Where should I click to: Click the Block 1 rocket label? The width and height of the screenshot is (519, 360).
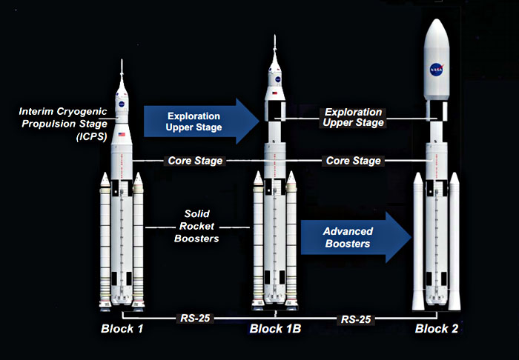pyautogui.click(x=122, y=329)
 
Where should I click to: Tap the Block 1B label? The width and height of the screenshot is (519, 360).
pyautogui.click(x=275, y=329)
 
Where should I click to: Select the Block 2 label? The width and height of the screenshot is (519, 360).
pyautogui.click(x=437, y=329)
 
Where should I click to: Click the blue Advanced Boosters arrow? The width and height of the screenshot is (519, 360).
pyautogui.click(x=356, y=237)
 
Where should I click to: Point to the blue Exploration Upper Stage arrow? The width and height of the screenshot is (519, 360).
pyautogui.click(x=201, y=121)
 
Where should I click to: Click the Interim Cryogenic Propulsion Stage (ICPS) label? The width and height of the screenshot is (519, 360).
pyautogui.click(x=63, y=124)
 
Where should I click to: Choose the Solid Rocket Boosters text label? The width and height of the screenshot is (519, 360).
pyautogui.click(x=196, y=226)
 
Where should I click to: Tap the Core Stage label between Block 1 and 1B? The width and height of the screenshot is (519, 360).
pyautogui.click(x=195, y=161)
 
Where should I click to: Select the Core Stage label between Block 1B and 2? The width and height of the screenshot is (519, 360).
pyautogui.click(x=353, y=161)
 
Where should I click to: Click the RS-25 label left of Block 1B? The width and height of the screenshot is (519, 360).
pyautogui.click(x=195, y=319)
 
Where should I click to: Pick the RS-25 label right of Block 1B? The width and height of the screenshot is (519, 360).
pyautogui.click(x=356, y=320)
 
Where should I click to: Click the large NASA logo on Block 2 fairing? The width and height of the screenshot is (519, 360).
pyautogui.click(x=437, y=70)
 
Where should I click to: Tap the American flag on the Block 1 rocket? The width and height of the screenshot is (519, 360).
pyautogui.click(x=122, y=135)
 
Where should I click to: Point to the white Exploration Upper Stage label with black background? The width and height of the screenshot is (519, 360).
pyautogui.click(x=353, y=117)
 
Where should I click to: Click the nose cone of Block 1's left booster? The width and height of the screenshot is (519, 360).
pyautogui.click(x=105, y=179)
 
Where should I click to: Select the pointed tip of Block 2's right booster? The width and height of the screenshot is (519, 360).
pyautogui.click(x=454, y=173)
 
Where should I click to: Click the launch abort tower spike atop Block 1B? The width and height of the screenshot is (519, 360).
pyautogui.click(x=275, y=44)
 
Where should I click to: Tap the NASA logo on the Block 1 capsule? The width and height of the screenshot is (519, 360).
pyautogui.click(x=122, y=104)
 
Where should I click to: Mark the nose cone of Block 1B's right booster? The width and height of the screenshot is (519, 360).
pyautogui.click(x=291, y=179)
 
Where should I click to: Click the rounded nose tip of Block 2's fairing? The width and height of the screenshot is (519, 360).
pyautogui.click(x=437, y=20)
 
